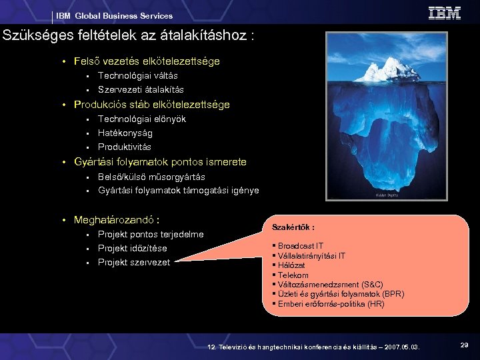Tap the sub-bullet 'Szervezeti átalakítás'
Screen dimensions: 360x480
point(141,89)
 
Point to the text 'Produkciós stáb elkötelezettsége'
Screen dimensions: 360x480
point(152,105)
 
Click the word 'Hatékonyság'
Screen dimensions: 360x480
point(125,133)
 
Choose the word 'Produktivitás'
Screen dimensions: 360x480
point(125,147)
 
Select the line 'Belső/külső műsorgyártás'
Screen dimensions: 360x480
point(151,177)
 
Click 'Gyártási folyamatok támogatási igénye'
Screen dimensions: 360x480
point(178,191)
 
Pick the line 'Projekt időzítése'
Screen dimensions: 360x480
point(132,248)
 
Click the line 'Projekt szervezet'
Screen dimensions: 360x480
point(133,262)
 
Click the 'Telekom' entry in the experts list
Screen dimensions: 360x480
point(293,274)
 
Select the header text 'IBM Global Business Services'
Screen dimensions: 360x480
point(114,15)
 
